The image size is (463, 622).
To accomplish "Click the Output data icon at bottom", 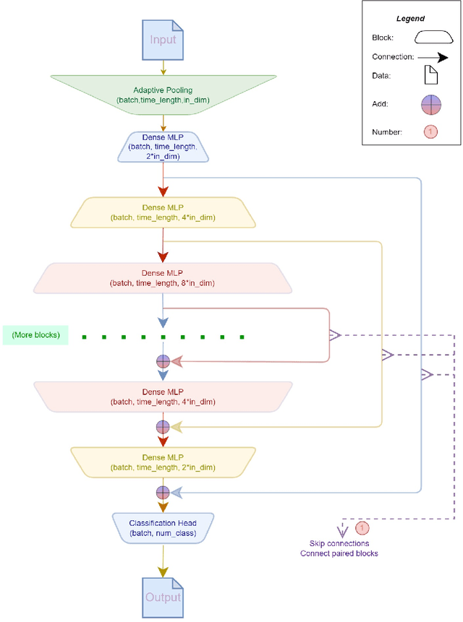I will point(163,597).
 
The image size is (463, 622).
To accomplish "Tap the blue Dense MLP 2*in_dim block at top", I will point(163,146).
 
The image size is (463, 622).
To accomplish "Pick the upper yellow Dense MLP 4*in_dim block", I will point(163,212).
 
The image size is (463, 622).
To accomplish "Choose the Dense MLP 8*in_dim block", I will point(163,278).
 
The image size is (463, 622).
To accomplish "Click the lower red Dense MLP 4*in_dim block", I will point(163,397).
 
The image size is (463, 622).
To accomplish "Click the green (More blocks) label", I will point(36,334).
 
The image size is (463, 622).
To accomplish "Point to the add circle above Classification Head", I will point(163,493).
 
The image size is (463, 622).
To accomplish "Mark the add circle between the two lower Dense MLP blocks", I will point(163,427).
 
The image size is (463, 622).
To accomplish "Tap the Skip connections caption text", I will point(339,548).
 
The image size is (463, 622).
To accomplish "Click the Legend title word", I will point(410,19).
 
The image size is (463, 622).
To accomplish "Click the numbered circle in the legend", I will point(430,131).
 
